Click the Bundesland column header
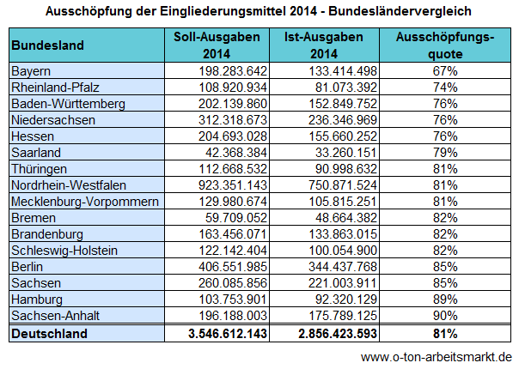[47, 45]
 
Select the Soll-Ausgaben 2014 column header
[217, 45]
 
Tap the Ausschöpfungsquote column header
[445, 45]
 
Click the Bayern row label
[31, 71]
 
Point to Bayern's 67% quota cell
[445, 71]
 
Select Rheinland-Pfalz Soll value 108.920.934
[233, 88]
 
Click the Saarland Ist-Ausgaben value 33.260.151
[343, 153]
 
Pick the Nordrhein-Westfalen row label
[69, 185]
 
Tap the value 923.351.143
[233, 185]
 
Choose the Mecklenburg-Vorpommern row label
[85, 202]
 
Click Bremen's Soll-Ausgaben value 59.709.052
[236, 218]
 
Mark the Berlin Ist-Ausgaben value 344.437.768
[343, 267]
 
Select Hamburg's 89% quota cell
[445, 299]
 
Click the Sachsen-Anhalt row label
[55, 316]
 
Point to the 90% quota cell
[445, 316]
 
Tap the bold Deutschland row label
[49, 334]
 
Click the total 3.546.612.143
[228, 334]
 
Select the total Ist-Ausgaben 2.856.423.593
[338, 334]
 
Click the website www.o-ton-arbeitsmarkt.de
[437, 358]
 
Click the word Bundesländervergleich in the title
[400, 11]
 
